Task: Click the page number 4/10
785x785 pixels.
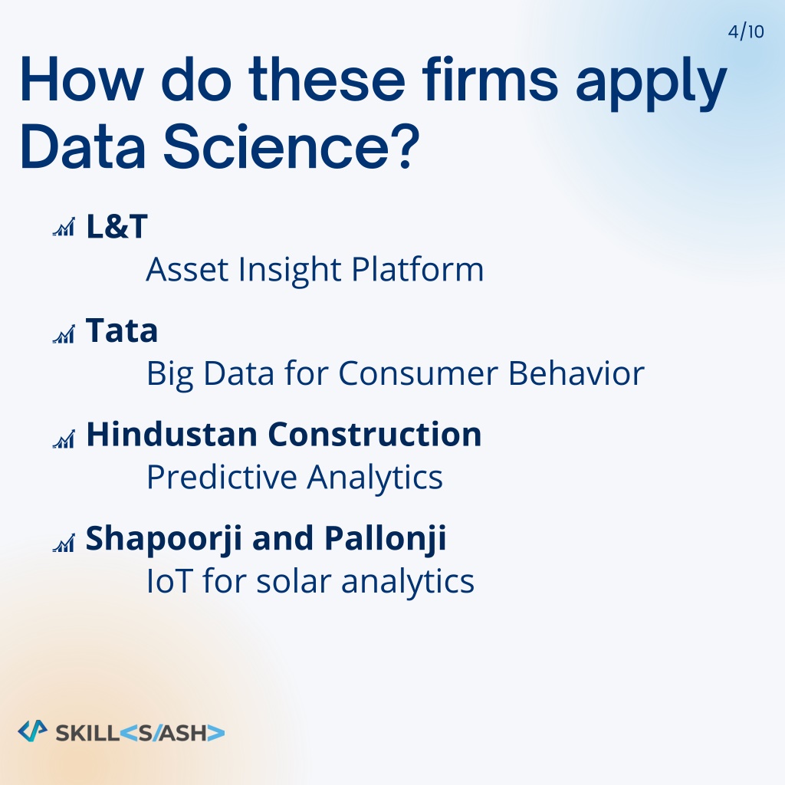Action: pos(746,31)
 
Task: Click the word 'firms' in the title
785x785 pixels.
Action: pos(490,80)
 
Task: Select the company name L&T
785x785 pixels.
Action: pos(117,226)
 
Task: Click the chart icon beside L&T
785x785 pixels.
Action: pos(64,227)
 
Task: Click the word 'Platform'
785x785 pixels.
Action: pos(418,269)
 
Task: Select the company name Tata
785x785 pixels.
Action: pos(122,330)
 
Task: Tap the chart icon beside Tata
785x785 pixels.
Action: pos(64,334)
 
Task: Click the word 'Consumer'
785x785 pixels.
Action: pos(418,374)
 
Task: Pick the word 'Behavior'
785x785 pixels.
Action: pos(576,373)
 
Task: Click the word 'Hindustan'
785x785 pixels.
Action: pos(172,434)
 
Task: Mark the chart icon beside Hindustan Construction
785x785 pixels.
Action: pos(64,438)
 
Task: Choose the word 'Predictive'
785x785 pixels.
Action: pos(222,477)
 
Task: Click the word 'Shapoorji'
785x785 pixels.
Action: pos(164,539)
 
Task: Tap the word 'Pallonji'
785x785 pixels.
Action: pos(385,539)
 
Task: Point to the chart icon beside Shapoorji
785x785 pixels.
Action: pos(64,543)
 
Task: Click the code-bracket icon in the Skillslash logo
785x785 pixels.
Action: pos(32,731)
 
